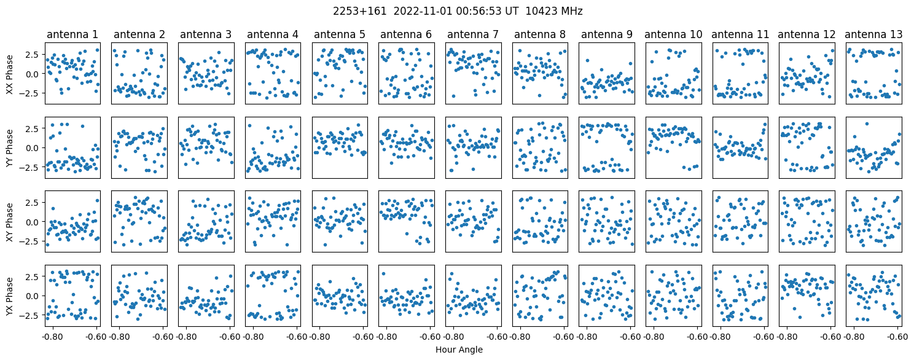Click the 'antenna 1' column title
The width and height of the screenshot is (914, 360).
[72, 34]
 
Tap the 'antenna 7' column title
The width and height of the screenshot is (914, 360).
[473, 34]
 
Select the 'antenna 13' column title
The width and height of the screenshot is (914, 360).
[873, 34]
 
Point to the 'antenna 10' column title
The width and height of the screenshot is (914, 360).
[673, 34]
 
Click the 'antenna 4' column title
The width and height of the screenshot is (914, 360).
[273, 34]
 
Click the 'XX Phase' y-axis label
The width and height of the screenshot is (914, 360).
[9, 74]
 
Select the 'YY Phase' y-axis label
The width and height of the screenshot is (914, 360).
[9, 148]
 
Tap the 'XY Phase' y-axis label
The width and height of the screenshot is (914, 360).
[9, 222]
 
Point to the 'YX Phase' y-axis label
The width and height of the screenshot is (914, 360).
[9, 296]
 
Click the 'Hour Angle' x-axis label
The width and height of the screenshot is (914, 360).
[459, 350]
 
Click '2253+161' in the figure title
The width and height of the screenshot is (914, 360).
[359, 11]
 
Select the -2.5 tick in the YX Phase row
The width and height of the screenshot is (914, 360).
[32, 315]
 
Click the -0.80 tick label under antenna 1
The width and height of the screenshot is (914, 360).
[52, 337]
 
